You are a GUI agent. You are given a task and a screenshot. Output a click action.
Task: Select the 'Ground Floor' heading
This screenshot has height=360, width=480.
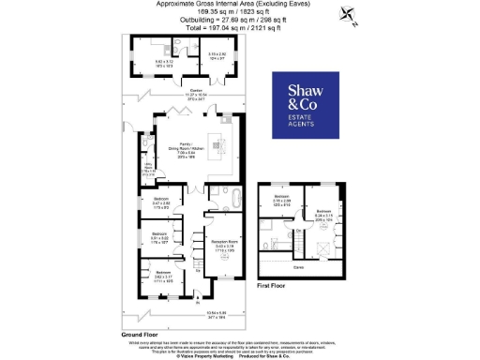[139, 334]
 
